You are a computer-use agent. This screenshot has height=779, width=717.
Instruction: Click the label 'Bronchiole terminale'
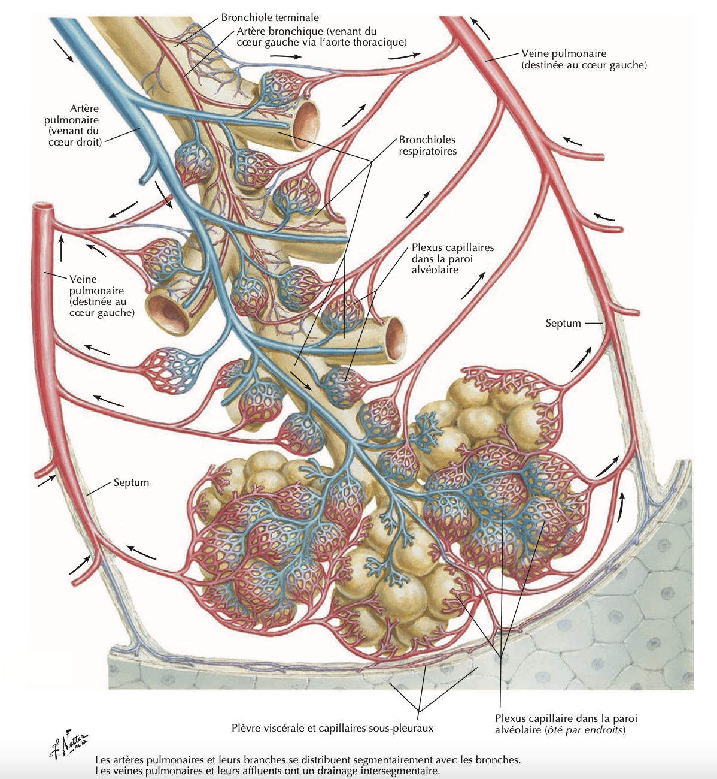[270, 18]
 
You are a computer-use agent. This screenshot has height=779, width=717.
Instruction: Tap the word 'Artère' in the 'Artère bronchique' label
[252, 31]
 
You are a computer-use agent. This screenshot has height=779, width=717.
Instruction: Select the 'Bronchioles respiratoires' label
[427, 146]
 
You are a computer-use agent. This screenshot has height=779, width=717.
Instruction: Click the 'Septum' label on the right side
[563, 323]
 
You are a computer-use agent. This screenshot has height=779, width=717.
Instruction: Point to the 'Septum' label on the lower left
[131, 482]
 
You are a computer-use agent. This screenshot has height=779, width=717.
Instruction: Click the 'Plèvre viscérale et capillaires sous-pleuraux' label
[332, 728]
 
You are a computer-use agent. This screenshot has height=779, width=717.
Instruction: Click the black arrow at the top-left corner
[63, 50]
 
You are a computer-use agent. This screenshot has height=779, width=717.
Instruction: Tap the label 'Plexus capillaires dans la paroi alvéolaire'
[452, 258]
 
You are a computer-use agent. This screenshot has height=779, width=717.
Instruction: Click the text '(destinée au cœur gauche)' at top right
[584, 65]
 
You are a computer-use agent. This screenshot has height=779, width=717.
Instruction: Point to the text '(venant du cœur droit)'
[75, 136]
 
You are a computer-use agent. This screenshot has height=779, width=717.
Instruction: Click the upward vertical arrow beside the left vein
[61, 248]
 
